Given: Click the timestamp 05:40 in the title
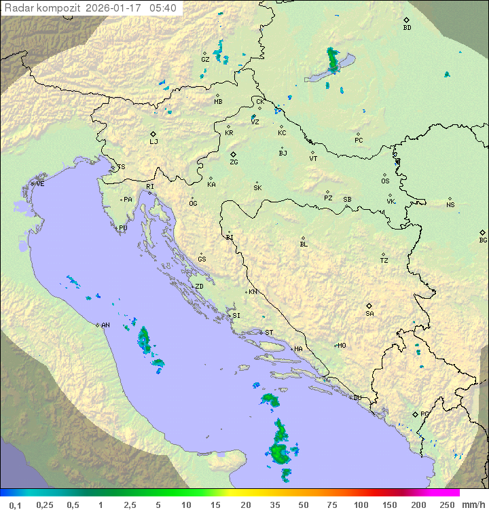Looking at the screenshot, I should pos(163,8).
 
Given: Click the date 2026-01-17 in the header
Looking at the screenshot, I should pos(114,8).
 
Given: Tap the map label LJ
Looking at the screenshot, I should pos(153,142).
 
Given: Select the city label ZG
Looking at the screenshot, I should pos(234,162).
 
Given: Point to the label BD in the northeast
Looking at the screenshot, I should pos(407,28).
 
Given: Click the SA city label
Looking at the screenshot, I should pos(369,314).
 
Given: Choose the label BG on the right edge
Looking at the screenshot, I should pos(483,240).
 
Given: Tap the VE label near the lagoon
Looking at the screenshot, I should pos(40,184).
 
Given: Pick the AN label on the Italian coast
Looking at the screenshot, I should pos(105,325).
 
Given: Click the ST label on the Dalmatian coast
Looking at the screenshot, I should pos(269,333).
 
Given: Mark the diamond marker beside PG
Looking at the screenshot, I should pos(415,414).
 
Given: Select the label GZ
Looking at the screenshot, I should pos(205,60).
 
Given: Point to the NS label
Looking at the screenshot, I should pos(450,205).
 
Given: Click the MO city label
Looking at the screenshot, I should pos(342,346).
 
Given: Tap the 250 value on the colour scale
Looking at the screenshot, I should pos(447,505).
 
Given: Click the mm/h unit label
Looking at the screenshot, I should pos(473,505).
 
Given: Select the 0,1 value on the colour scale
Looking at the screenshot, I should pos(16,505).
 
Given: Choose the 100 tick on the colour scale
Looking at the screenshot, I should pos(361,505).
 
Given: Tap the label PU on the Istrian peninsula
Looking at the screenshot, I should pos(123,228).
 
